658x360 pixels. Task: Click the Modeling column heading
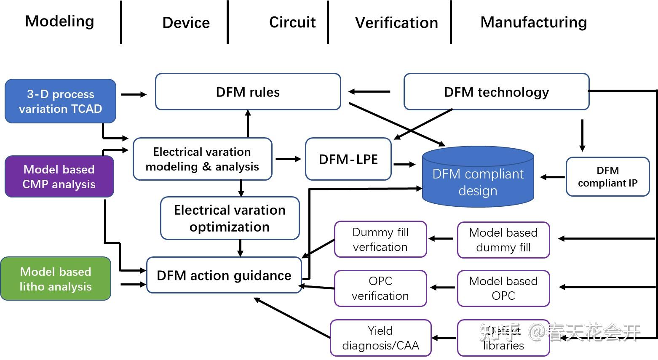click(59, 21)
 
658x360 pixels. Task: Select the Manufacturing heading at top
click(533, 22)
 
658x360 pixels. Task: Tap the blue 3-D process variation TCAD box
click(60, 101)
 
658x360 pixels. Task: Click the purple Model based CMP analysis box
click(59, 176)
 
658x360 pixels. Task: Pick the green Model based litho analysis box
click(56, 279)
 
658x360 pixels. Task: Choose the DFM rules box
click(248, 92)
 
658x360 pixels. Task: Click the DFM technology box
click(496, 92)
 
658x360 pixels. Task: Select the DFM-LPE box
click(348, 159)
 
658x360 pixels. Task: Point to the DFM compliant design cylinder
click(478, 179)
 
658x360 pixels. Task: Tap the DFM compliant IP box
click(607, 177)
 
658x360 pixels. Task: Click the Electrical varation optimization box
click(230, 218)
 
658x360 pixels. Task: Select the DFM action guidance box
click(224, 275)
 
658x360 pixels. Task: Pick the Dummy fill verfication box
click(380, 239)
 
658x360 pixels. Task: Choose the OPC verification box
click(380, 288)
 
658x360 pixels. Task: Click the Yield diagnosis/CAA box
click(380, 338)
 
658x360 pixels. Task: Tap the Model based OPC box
click(503, 288)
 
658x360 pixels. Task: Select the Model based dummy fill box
click(503, 240)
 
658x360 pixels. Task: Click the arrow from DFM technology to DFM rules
click(369, 91)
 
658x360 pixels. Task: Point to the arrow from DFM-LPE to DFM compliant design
click(404, 164)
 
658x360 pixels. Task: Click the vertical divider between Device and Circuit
click(227, 22)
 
